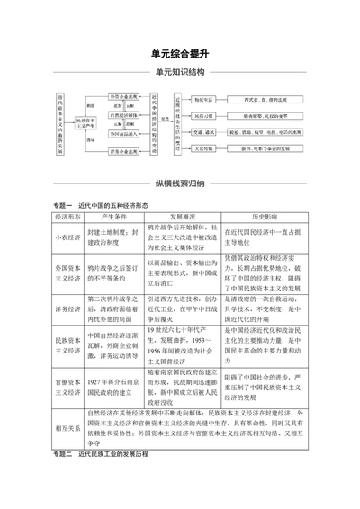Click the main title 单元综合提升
179,55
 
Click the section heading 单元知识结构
179,72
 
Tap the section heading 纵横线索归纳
179,183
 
